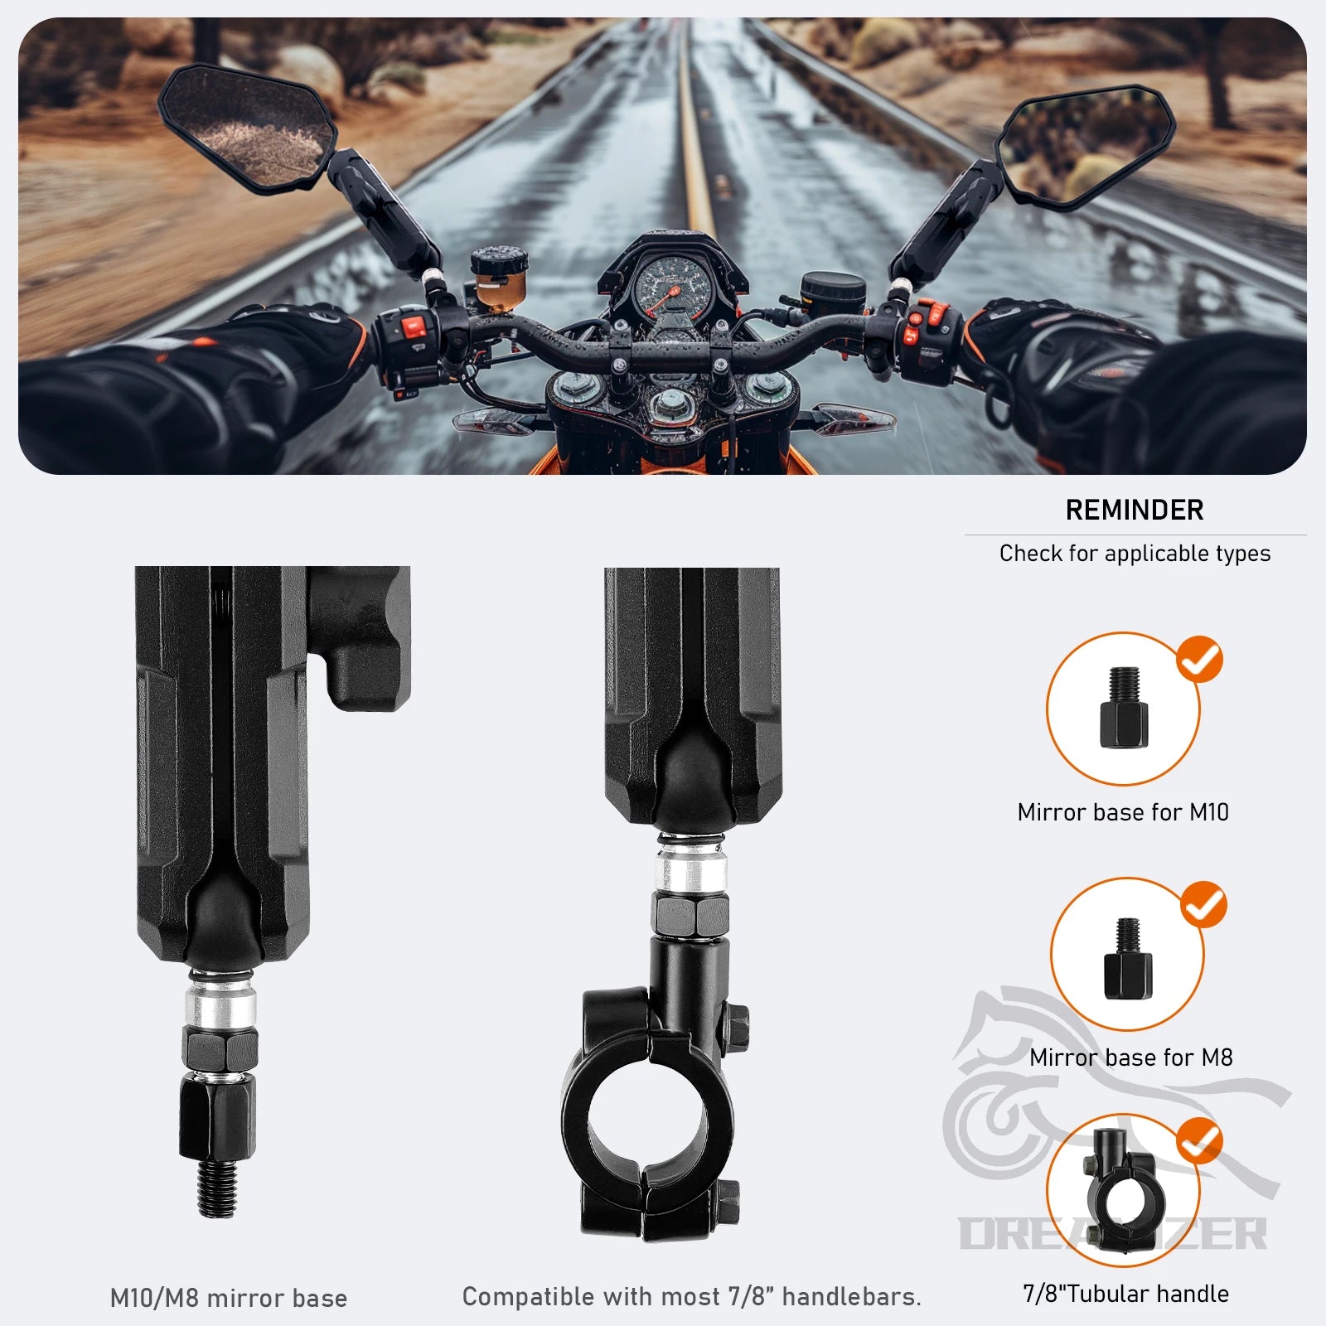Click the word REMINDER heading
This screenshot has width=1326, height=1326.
point(1135,510)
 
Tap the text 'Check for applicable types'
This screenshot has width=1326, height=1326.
point(1135,554)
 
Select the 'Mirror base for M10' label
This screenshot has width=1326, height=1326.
point(1123,812)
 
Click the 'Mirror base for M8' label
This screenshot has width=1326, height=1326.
point(1131,1057)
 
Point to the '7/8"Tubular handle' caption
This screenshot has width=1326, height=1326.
point(1126,1294)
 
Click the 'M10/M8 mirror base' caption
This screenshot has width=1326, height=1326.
point(229,1298)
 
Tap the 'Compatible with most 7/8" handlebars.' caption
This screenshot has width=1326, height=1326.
point(692,1297)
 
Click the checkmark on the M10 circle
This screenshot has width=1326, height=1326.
point(1200,661)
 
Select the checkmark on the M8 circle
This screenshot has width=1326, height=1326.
point(1203,904)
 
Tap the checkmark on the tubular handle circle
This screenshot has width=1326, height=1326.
point(1199,1141)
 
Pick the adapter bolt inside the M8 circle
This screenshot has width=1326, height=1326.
point(1128,957)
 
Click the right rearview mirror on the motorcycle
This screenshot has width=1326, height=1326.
point(1083,146)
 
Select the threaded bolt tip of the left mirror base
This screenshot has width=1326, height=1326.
point(217,1188)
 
